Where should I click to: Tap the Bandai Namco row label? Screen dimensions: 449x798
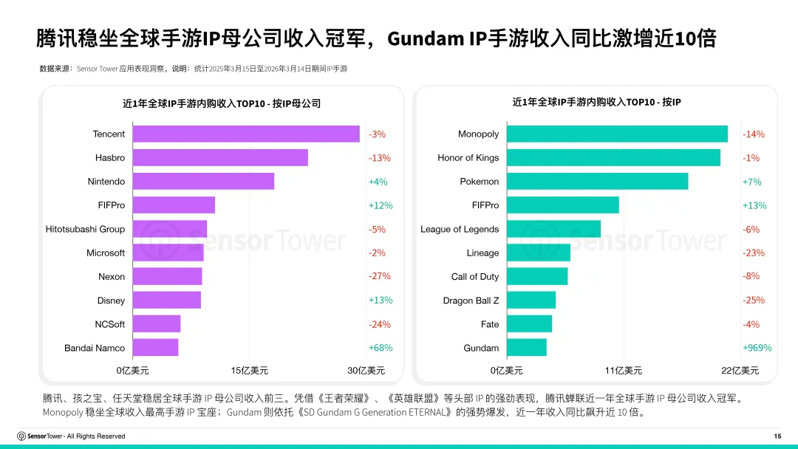95,348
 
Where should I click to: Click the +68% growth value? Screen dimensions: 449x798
381,348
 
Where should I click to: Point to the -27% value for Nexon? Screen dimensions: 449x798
380,276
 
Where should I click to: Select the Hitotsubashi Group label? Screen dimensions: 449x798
85,229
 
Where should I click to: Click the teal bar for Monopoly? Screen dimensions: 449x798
617,134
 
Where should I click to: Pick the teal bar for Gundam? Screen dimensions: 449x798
527,348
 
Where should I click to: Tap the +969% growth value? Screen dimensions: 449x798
757,348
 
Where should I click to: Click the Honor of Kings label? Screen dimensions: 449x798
468,157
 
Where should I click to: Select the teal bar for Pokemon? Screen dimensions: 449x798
597,181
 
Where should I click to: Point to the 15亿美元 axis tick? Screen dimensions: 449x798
250,370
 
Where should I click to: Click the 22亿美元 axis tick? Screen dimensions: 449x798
740,370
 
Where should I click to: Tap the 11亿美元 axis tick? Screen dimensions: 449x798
624,370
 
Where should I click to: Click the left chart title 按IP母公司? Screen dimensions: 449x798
222,103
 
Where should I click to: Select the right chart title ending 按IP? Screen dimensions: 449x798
596,102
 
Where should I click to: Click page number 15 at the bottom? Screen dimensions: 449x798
777,436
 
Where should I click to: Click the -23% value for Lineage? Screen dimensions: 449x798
754,253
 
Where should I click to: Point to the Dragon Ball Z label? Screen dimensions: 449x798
471,301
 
